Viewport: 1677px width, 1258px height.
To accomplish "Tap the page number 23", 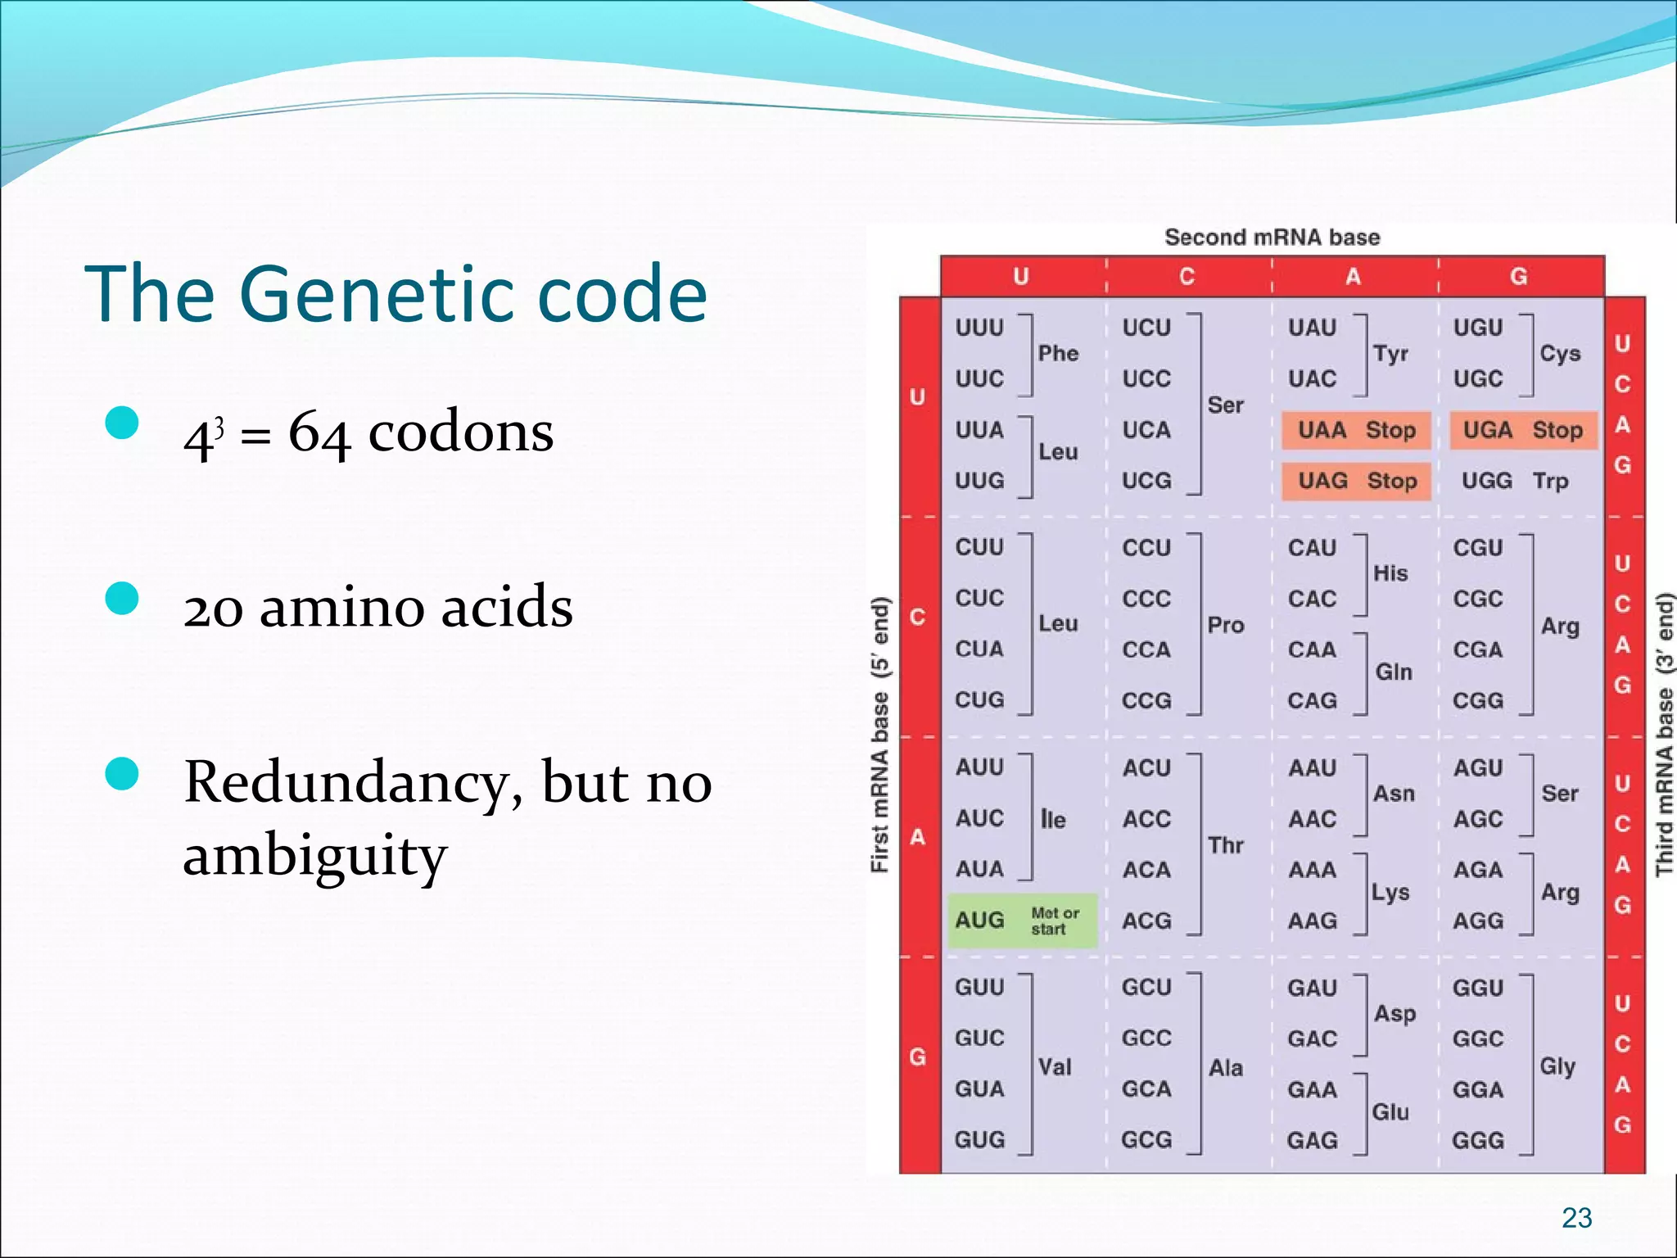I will (x=1576, y=1218).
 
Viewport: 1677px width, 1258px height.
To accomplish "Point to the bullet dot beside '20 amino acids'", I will (x=122, y=599).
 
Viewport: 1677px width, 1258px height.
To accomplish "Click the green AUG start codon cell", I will (x=1021, y=921).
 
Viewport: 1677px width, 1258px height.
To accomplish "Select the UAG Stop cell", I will (x=1356, y=481).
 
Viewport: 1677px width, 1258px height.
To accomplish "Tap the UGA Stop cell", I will (x=1522, y=430).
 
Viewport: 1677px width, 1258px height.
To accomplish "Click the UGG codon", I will (x=1486, y=481).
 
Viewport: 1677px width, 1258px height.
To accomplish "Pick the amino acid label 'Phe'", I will (x=1058, y=353).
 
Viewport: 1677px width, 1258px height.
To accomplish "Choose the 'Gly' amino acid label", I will (x=1557, y=1066).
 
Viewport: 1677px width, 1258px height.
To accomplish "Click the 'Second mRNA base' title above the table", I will (x=1272, y=238).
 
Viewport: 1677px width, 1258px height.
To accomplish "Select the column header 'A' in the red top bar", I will (x=1353, y=277).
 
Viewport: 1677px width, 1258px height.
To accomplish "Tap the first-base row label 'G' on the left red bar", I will (x=918, y=1057).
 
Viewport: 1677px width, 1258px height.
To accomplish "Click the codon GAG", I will (x=1312, y=1140).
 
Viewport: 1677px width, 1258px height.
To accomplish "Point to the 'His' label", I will (x=1390, y=573).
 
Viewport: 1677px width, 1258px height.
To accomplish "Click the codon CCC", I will (x=1146, y=599).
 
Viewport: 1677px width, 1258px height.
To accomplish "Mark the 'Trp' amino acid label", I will (x=1550, y=481).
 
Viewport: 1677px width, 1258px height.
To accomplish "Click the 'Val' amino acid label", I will (x=1055, y=1066).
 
